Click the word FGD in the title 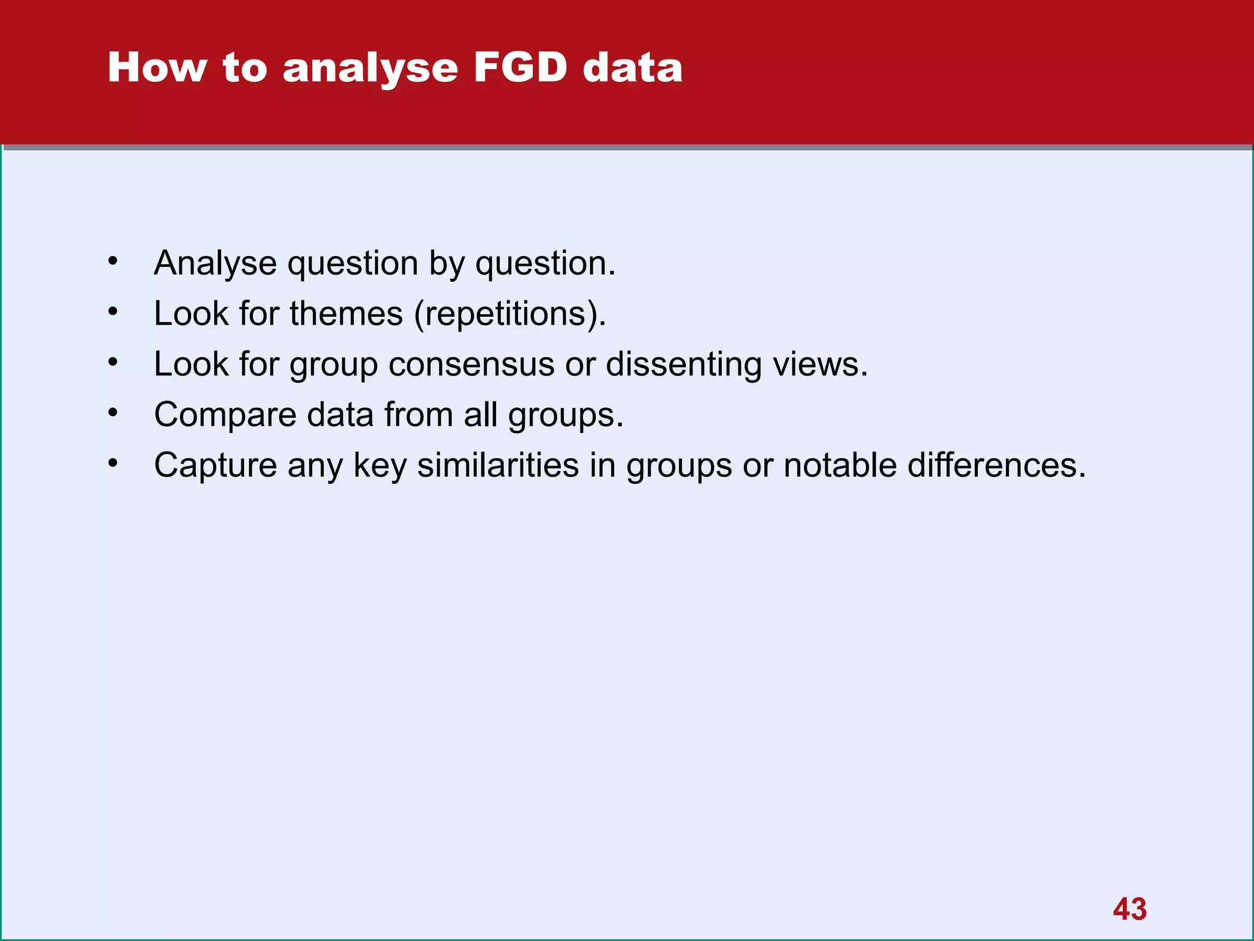pyautogui.click(x=520, y=67)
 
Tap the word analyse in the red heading pyautogui.click(x=370, y=69)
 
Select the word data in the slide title pyautogui.click(x=632, y=67)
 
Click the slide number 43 pyautogui.click(x=1130, y=909)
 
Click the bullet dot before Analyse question pyautogui.click(x=113, y=262)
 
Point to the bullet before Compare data pyautogui.click(x=113, y=414)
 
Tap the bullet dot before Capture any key pyautogui.click(x=113, y=464)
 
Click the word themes pyautogui.click(x=346, y=314)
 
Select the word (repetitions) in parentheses pyautogui.click(x=509, y=315)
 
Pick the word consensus pyautogui.click(x=471, y=365)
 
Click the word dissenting pyautogui.click(x=683, y=365)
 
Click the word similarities pyautogui.click(x=497, y=465)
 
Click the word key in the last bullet pyautogui.click(x=380, y=466)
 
